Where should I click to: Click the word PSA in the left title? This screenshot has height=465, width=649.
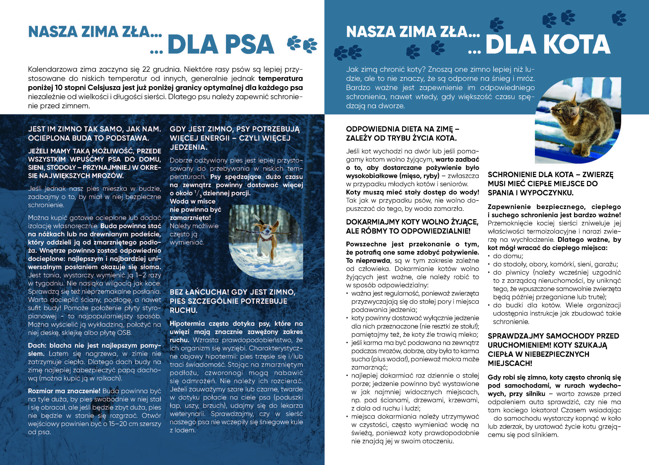(250, 45)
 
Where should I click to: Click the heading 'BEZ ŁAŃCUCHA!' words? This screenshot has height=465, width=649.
(199, 292)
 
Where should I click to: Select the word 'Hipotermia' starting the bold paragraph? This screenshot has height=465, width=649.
(187, 324)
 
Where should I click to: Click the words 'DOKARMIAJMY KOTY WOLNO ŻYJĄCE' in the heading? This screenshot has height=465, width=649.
(412, 222)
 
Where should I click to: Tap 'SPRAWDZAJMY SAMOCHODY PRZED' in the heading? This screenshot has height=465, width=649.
(553, 336)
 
